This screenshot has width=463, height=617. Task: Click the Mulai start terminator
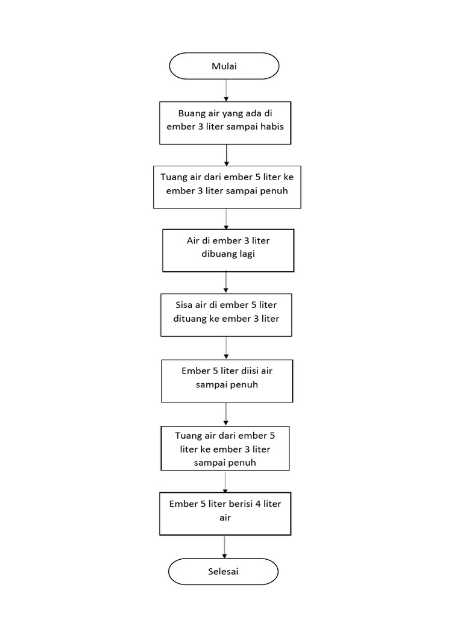[x=224, y=66]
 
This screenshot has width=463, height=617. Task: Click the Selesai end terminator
[x=224, y=571]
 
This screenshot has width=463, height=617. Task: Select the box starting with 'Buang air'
[x=225, y=123]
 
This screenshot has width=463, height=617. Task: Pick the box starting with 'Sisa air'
[x=226, y=315]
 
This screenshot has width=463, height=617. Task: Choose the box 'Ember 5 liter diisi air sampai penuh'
[x=227, y=381]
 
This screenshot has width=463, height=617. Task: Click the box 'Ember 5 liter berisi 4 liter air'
[x=225, y=513]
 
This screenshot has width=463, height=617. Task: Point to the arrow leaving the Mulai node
[x=226, y=90]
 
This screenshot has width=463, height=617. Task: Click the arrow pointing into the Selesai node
[x=224, y=547]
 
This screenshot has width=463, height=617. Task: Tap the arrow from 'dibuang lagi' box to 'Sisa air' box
[x=226, y=282]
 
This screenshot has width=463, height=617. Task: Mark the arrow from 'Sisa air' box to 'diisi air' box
[x=226, y=348]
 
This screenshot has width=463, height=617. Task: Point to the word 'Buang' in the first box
[x=191, y=113]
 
